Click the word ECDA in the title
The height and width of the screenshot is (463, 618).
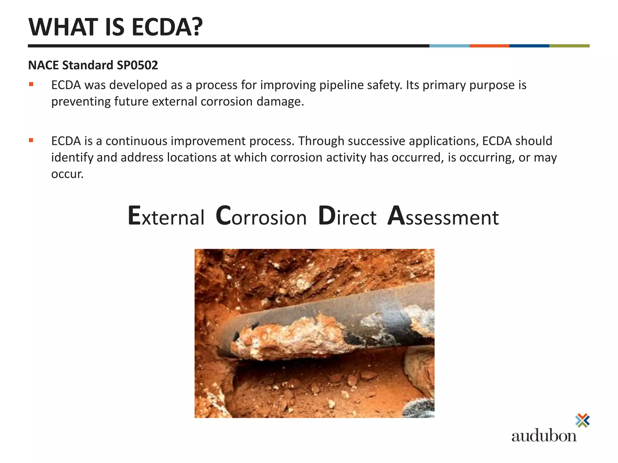[x=167, y=27]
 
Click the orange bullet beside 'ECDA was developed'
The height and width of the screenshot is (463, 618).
[x=31, y=84]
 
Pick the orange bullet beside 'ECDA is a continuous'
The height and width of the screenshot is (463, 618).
[x=31, y=140]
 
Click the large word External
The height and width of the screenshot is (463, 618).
[x=166, y=216]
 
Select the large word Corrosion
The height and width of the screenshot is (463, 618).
[x=261, y=216]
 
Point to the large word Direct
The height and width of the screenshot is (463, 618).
[x=347, y=216]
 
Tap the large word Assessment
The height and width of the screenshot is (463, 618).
[x=443, y=216]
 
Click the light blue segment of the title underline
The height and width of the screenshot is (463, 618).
[x=449, y=46]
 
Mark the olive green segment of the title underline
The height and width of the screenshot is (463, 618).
[x=569, y=46]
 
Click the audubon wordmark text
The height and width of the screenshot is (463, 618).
[x=544, y=436]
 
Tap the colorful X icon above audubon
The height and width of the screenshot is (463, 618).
[x=582, y=420]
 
